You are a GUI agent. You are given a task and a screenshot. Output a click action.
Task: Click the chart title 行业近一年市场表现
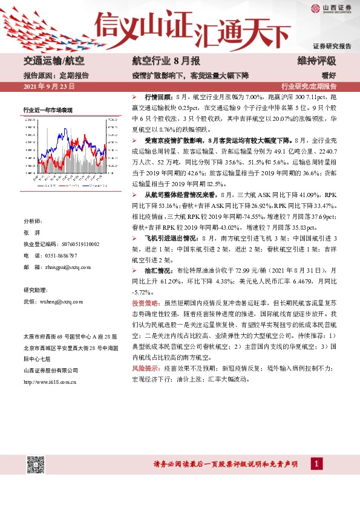[x=48, y=110]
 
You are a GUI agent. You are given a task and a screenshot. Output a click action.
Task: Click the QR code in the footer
[x=35, y=464]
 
